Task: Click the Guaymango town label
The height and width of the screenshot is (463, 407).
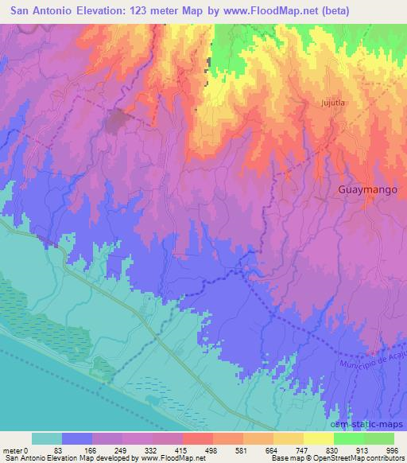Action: tap(368, 190)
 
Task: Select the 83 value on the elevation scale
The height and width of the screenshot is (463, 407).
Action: tap(58, 449)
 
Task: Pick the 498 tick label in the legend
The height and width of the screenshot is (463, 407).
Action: tap(209, 449)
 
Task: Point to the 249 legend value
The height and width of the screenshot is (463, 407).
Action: tap(118, 449)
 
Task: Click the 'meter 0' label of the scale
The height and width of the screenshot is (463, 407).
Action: tap(17, 449)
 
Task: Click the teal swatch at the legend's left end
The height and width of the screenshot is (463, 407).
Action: tap(47, 438)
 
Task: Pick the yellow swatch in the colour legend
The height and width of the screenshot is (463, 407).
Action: tap(319, 438)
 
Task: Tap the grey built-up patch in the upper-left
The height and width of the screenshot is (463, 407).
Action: tap(118, 122)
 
